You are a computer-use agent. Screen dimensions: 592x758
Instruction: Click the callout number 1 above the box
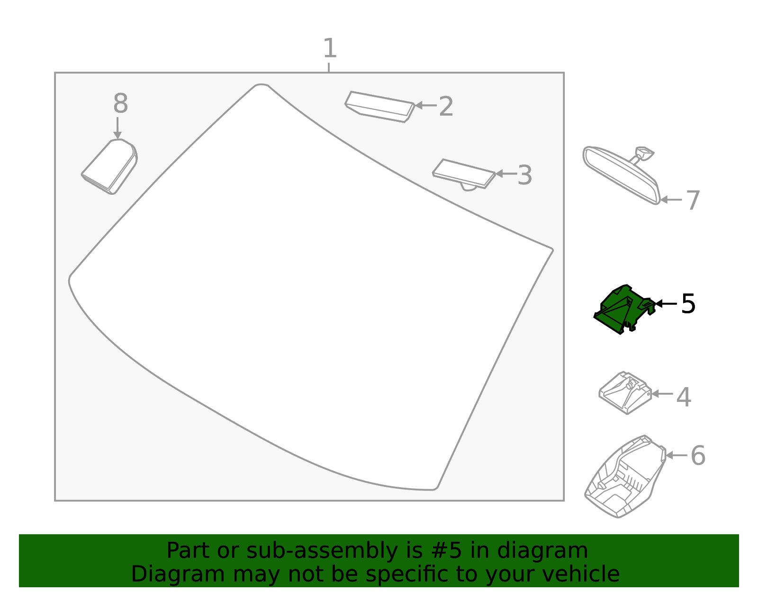330,49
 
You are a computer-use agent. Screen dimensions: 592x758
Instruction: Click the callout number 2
446,107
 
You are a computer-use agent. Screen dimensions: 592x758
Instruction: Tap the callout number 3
524,175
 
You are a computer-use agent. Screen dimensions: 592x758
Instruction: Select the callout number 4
683,397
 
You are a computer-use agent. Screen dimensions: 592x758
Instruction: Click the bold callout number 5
688,304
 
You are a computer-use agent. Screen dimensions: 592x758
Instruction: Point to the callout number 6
698,455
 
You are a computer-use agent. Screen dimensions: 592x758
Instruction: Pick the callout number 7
693,200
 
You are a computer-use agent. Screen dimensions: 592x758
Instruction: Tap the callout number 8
120,104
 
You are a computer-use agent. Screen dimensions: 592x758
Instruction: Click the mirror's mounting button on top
644,153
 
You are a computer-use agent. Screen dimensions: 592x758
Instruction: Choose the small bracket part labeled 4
624,393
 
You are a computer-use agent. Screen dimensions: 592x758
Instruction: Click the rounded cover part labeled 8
110,166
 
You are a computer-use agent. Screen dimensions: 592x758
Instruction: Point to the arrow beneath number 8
117,128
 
